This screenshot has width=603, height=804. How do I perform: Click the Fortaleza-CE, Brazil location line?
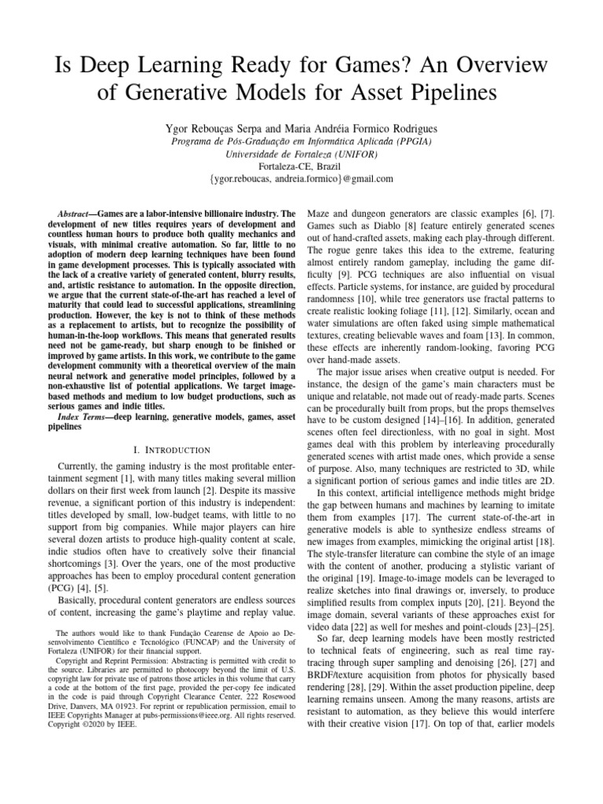tap(301, 166)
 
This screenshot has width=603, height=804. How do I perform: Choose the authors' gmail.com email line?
tap(301, 180)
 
